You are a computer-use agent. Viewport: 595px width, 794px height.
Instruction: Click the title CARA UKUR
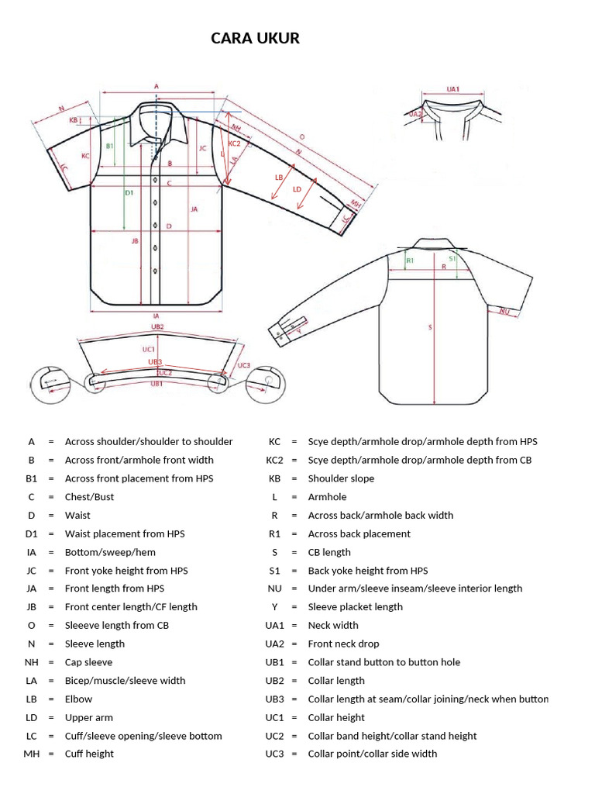(255, 38)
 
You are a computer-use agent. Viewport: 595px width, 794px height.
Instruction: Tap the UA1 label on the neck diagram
(453, 89)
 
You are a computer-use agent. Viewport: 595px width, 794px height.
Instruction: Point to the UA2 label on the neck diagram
(415, 114)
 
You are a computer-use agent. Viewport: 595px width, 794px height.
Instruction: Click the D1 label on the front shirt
(129, 192)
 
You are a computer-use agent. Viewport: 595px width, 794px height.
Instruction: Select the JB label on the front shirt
(135, 241)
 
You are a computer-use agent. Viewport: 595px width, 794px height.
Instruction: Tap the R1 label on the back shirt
(410, 261)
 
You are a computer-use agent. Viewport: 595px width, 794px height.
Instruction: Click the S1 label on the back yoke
(452, 260)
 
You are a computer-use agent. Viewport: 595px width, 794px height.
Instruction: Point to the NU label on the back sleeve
(504, 311)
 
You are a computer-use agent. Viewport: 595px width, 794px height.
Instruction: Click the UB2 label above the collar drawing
(157, 327)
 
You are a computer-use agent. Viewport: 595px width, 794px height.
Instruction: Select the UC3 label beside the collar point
(244, 365)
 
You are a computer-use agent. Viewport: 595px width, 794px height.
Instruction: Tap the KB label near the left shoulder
(74, 120)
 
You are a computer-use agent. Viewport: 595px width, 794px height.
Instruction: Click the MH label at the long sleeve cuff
(356, 204)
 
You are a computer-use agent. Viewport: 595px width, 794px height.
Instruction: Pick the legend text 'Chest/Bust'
(89, 497)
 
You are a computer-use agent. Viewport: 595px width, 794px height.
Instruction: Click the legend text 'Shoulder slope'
(341, 478)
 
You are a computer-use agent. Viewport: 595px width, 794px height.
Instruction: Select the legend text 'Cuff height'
(89, 754)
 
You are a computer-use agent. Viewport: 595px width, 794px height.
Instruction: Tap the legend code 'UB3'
(275, 699)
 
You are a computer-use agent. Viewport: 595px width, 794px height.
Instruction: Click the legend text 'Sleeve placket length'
(355, 607)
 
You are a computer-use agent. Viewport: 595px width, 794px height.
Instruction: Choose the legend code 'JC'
(31, 571)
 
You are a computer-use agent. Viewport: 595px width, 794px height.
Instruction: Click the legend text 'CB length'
(329, 552)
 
